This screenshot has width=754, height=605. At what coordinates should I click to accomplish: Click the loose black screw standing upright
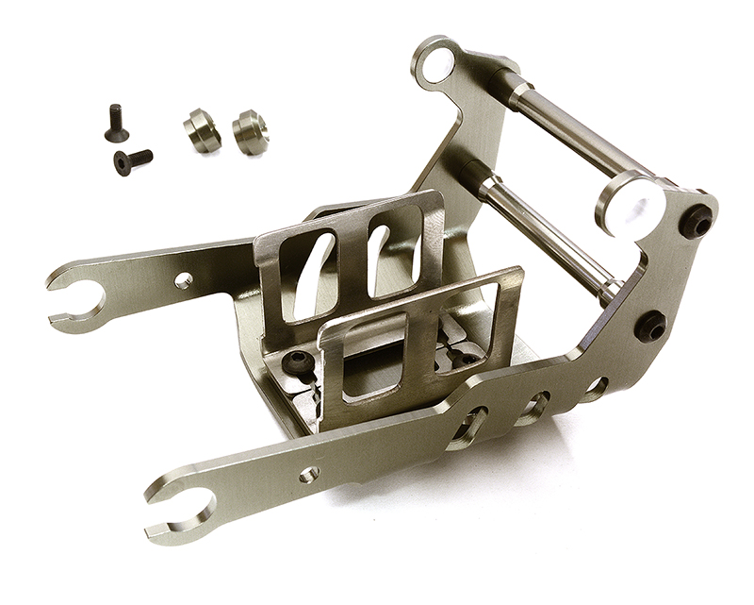(115, 122)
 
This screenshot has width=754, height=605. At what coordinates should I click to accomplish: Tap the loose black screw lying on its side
(133, 160)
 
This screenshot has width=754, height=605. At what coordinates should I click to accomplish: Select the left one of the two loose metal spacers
(202, 130)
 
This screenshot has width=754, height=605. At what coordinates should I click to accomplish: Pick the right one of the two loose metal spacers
(250, 130)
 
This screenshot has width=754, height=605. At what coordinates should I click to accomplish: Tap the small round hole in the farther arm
(184, 280)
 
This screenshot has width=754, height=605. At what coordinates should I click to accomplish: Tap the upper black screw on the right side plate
(696, 220)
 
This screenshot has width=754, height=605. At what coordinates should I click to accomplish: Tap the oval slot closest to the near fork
(469, 429)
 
